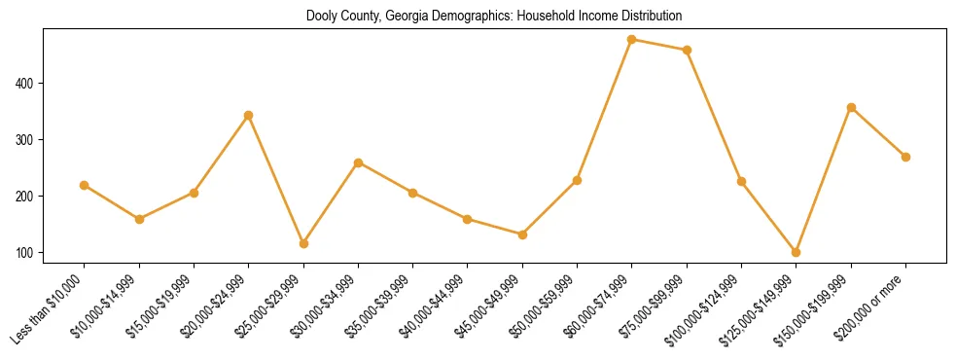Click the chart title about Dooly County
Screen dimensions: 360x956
pyautogui.click(x=494, y=17)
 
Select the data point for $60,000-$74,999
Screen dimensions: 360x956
pyautogui.click(x=632, y=40)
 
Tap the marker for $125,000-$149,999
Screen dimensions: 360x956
pyautogui.click(x=797, y=252)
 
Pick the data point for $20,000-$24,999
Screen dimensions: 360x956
pyautogui.click(x=248, y=115)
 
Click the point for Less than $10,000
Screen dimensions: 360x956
pyautogui.click(x=84, y=185)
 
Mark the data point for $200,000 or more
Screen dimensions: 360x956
pyautogui.click(x=905, y=157)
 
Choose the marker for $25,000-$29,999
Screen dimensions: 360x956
pyautogui.click(x=303, y=243)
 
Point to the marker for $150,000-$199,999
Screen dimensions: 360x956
pyautogui.click(x=851, y=107)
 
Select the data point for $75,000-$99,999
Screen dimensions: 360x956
pyautogui.click(x=687, y=50)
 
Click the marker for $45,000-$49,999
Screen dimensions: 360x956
pyautogui.click(x=522, y=234)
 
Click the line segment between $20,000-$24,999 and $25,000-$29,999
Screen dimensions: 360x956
pyautogui.click(x=276, y=179)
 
